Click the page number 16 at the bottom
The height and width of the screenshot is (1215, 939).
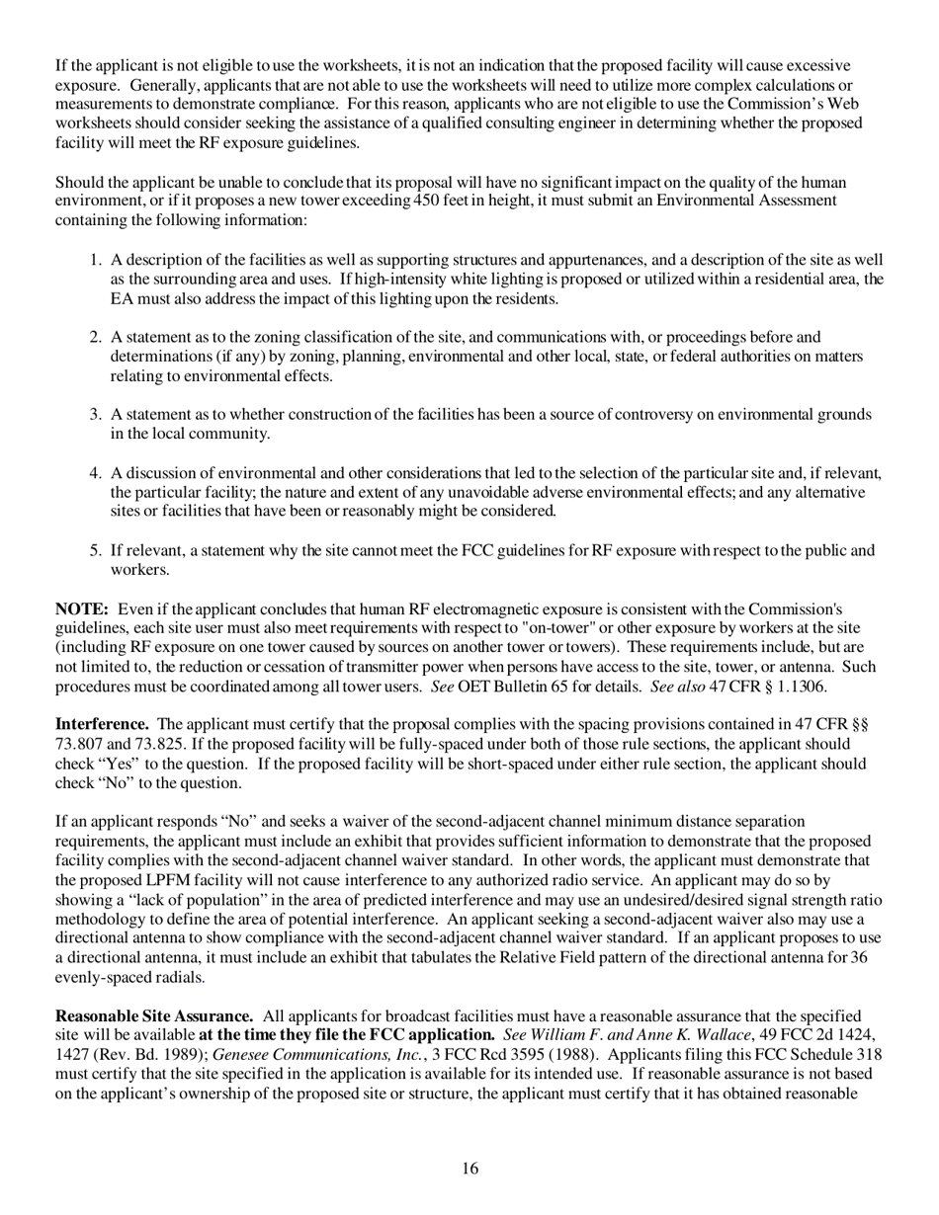click(469, 1169)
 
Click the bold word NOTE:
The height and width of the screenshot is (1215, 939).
click(81, 608)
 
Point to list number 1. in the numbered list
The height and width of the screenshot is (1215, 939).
click(96, 260)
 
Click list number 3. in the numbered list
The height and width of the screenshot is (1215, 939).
click(96, 415)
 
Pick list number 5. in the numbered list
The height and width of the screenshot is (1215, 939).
click(96, 551)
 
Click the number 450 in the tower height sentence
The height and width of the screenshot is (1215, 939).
click(428, 202)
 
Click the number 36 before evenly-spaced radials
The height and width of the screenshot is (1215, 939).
click(858, 958)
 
